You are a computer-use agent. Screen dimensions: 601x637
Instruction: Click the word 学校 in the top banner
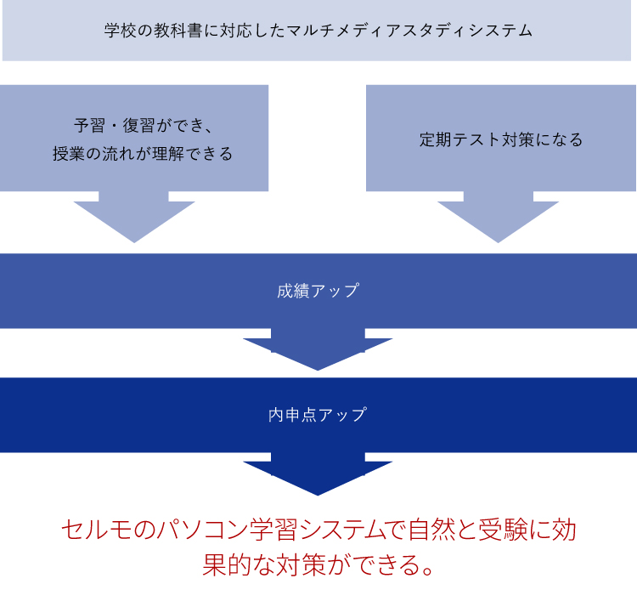119,31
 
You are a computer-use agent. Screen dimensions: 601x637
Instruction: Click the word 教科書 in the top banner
178,31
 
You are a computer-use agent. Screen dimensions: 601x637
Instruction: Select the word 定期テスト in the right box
459,139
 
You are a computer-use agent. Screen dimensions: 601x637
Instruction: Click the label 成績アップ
318,291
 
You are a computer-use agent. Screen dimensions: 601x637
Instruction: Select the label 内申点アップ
318,415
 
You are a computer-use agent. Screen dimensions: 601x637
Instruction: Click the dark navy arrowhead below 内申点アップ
318,477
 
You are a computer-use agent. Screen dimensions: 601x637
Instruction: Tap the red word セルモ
97,531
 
